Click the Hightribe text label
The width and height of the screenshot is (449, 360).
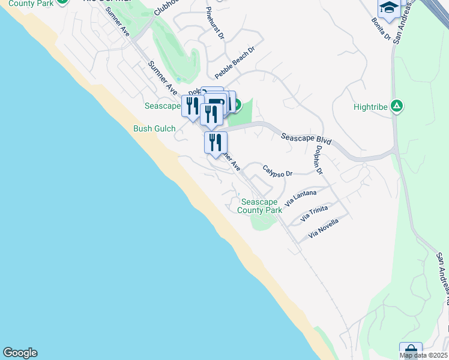pyautogui.click(x=369, y=108)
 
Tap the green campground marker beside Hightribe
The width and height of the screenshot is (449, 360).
pyautogui.click(x=396, y=107)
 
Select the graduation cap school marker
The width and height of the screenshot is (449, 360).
pyautogui.click(x=388, y=8)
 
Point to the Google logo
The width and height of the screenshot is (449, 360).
pyautogui.click(x=20, y=353)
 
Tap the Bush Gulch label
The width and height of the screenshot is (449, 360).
pyautogui.click(x=154, y=128)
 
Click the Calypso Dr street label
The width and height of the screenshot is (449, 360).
pyautogui.click(x=277, y=173)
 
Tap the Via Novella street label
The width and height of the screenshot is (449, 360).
pyautogui.click(x=323, y=229)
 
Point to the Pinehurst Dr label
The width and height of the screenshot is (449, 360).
pyautogui.click(x=214, y=24)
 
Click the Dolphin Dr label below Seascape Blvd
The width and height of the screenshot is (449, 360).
pyautogui.click(x=319, y=160)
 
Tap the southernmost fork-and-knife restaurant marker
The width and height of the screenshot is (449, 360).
pyautogui.click(x=215, y=143)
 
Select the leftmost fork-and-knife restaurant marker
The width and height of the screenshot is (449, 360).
pyautogui.click(x=192, y=106)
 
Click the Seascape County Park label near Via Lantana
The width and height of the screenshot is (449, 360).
pyautogui.click(x=260, y=206)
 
